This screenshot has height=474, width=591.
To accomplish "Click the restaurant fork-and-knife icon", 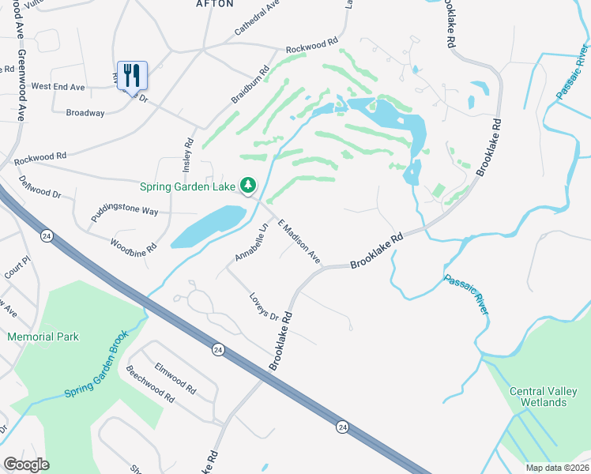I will coord(133,76).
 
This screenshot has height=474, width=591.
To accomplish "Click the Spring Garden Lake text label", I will coord(187,187).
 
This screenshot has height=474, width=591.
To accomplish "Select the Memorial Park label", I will coord(43,337).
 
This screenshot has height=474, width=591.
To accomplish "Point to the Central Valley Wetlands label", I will coord(538,397).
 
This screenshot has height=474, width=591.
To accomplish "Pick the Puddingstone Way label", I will coord(124,213).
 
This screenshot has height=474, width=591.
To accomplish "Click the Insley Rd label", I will coord(188,154).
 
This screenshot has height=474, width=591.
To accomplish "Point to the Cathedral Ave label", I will coord(257,18).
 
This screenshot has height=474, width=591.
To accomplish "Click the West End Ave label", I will coord(58,86).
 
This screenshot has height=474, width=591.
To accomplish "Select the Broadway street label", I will coord(85,113).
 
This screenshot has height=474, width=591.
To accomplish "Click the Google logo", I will coord(26,464).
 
